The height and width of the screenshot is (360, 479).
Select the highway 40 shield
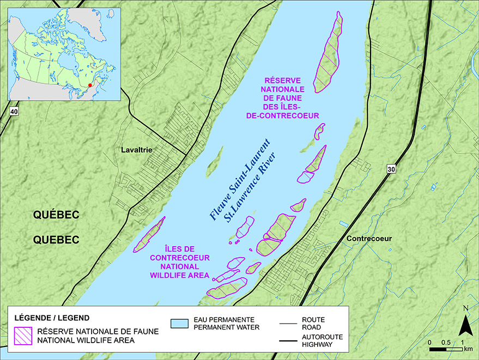coord(14,111)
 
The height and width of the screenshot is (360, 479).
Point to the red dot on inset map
coord(90,86)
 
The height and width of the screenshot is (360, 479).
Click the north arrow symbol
coord(464,325)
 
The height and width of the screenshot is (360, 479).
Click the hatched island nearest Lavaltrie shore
coord(149,235)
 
